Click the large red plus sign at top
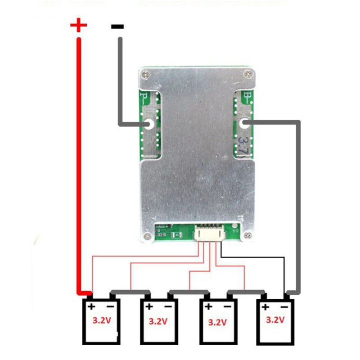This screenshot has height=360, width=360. [79, 25]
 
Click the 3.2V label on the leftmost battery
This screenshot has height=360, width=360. [101, 321]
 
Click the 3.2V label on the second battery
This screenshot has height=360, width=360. [158, 322]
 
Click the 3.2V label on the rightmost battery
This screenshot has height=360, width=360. [275, 320]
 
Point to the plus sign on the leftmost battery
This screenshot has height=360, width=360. [91, 307]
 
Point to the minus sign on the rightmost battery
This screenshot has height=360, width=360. [284, 307]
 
